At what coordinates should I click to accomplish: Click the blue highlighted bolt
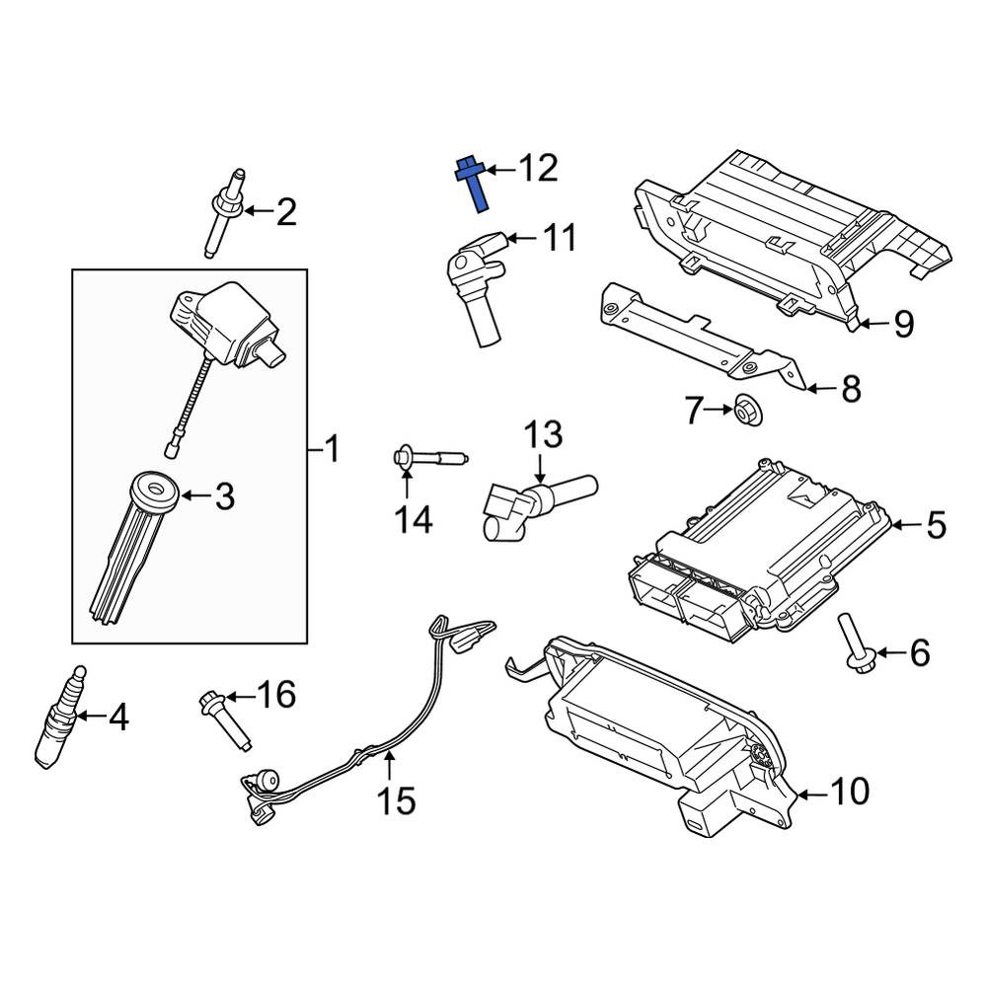click(x=473, y=186)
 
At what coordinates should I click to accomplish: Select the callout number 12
click(x=538, y=169)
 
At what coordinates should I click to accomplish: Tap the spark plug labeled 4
click(x=58, y=720)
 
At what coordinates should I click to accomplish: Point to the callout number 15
click(x=396, y=800)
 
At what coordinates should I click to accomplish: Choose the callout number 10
click(x=849, y=792)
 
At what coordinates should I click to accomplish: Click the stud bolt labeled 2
click(x=225, y=212)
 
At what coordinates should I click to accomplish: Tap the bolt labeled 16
click(x=225, y=720)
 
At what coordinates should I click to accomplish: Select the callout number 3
click(x=225, y=496)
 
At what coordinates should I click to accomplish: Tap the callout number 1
click(x=331, y=449)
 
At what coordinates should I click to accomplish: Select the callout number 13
click(x=544, y=434)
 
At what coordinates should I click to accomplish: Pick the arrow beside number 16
click(x=239, y=697)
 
